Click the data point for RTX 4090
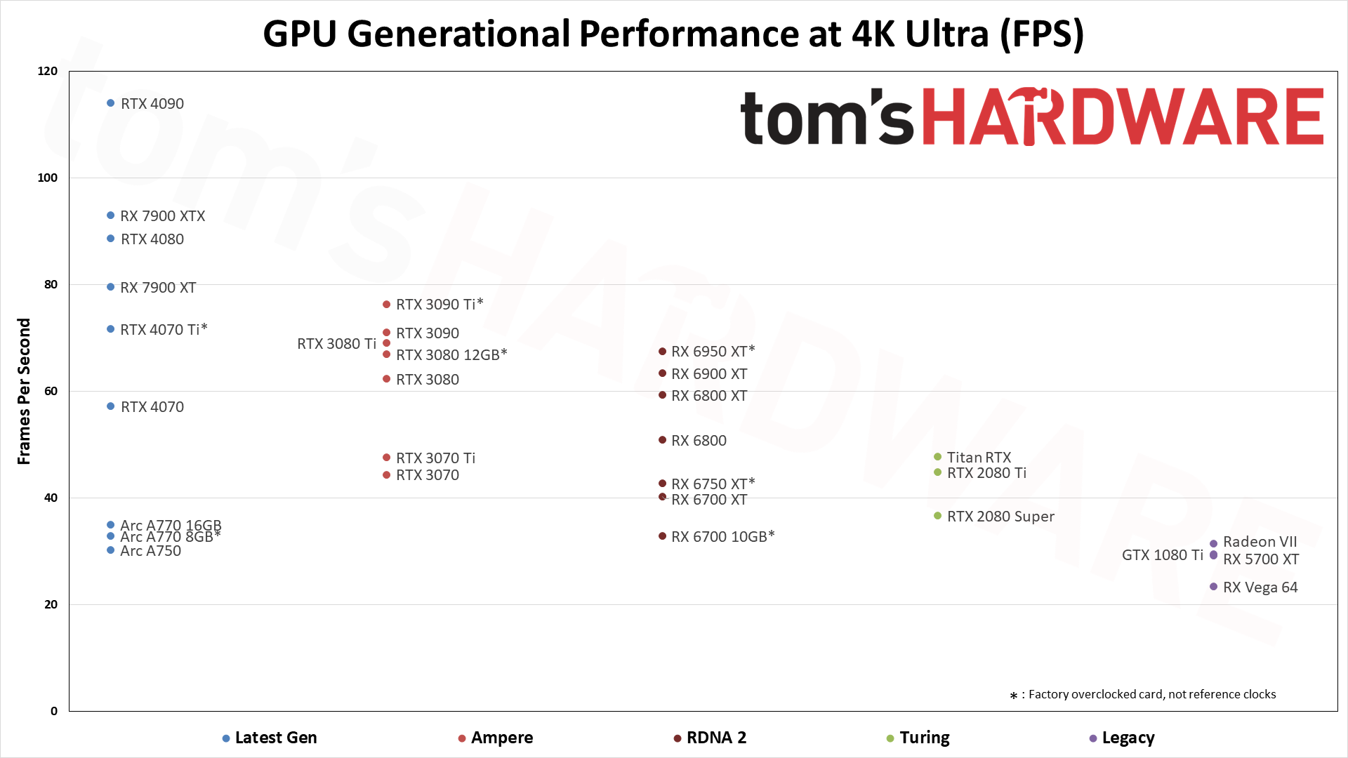pos(110,103)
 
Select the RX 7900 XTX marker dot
pos(110,215)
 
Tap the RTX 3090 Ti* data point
pos(386,305)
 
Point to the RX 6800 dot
pos(662,440)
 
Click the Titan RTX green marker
pos(937,457)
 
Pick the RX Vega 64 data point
pos(1213,587)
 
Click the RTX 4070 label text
pos(152,407)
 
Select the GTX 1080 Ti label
pos(1162,555)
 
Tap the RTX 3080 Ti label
pos(336,344)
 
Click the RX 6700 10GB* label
pos(722,537)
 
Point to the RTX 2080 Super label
pos(1000,517)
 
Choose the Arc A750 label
pos(150,551)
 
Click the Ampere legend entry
pos(501,738)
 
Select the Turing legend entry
pos(924,738)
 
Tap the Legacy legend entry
pos(1128,738)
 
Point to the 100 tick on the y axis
pos(48,178)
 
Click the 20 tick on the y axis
pos(51,604)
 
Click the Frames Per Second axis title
pos(24,391)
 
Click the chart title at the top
pos(673,34)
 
